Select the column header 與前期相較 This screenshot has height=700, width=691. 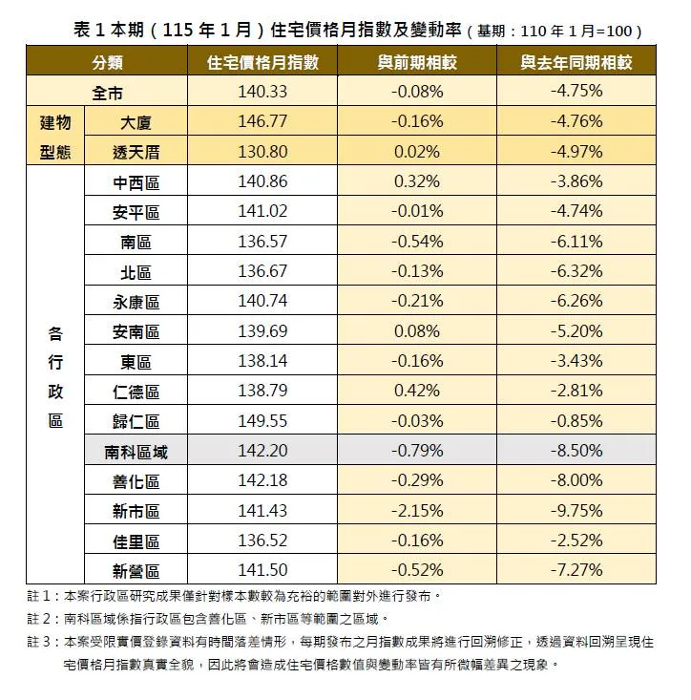(416, 63)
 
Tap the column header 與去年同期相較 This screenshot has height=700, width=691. (576, 63)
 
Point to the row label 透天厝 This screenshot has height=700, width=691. (136, 152)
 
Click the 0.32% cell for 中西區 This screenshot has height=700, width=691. (416, 181)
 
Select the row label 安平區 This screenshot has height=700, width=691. (136, 212)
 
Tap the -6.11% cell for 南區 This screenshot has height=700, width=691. (576, 242)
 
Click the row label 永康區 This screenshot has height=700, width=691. (136, 302)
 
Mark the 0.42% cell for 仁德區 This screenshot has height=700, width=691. (416, 392)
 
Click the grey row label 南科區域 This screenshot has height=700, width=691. (136, 452)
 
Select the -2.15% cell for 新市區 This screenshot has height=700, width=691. (416, 511)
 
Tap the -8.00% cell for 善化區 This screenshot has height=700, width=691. (576, 481)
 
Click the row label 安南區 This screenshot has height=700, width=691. (136, 331)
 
